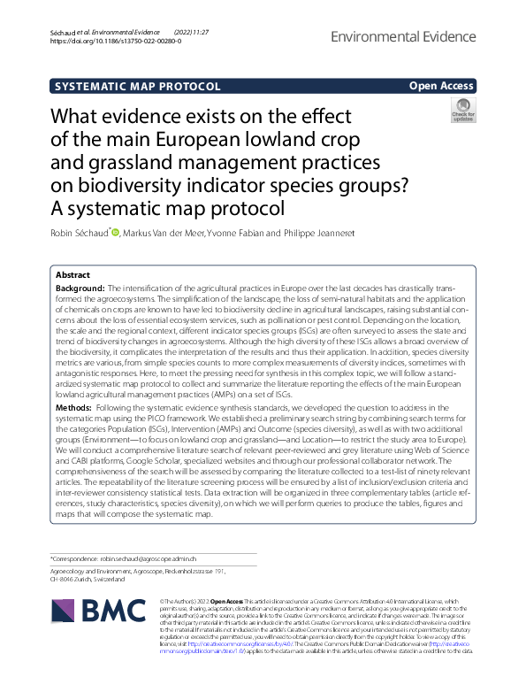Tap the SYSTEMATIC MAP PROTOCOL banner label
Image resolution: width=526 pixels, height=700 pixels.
(x=137, y=87)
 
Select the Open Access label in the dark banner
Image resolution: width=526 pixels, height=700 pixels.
(x=440, y=86)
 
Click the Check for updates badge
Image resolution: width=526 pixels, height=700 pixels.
(x=462, y=110)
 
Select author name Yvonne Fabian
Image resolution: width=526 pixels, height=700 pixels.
(x=248, y=233)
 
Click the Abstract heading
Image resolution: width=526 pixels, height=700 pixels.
(x=72, y=275)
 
